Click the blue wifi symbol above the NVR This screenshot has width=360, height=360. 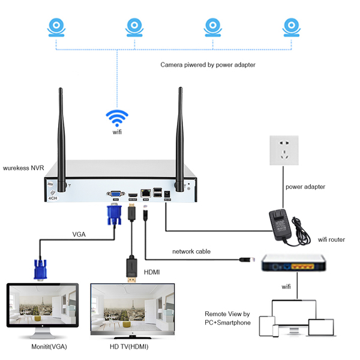pyautogui.click(x=117, y=116)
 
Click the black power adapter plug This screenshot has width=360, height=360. pyautogui.click(x=280, y=224)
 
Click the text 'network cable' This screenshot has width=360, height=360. pyautogui.click(x=191, y=251)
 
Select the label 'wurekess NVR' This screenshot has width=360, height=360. pyautogui.click(x=26, y=169)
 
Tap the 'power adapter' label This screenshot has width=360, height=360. pyautogui.click(x=306, y=187)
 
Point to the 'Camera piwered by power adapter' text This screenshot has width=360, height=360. pyautogui.click(x=208, y=64)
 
